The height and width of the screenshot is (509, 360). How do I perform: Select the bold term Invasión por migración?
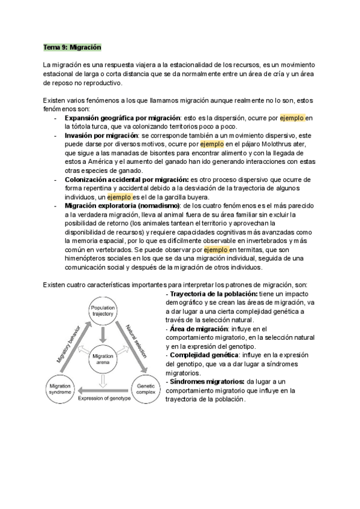(101, 136)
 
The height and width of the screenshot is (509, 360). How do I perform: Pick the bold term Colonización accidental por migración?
(125, 179)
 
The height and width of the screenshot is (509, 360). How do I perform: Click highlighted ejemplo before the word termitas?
(215, 249)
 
